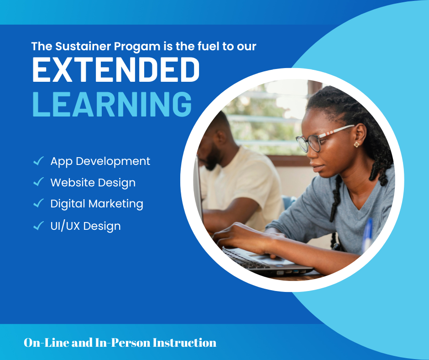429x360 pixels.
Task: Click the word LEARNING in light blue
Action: (112, 104)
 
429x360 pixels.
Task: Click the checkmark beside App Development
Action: (39, 161)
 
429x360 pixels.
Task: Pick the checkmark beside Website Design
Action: (39, 182)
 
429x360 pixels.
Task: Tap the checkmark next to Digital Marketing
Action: (39, 203)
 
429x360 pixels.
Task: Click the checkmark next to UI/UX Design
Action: (39, 226)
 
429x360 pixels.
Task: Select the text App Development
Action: (100, 162)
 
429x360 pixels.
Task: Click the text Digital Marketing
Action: (97, 204)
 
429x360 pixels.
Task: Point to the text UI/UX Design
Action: (86, 226)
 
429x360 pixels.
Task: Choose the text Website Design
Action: (93, 183)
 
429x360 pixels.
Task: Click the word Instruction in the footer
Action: (184, 343)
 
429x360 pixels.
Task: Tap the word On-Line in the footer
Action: (47, 343)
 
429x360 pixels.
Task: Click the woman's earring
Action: (356, 144)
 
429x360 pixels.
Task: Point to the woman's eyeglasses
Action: (323, 139)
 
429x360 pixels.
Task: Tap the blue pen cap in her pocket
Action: (368, 233)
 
